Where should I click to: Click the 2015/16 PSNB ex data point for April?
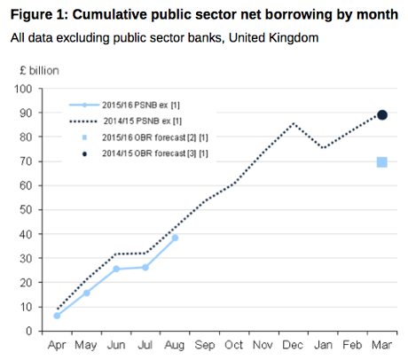click(x=57, y=316)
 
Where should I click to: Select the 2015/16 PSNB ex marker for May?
click(x=86, y=293)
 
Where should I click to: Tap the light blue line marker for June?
click(x=115, y=269)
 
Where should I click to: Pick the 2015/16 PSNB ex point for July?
click(x=145, y=267)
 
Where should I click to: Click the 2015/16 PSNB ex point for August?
click(x=175, y=238)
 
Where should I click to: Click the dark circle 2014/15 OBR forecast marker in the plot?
click(x=381, y=114)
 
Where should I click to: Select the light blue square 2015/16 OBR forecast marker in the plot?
click(x=381, y=161)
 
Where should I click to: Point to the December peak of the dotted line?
click(x=293, y=123)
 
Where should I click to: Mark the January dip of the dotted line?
click(x=323, y=148)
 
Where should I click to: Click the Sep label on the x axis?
click(x=204, y=345)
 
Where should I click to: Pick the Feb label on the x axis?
click(x=352, y=345)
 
